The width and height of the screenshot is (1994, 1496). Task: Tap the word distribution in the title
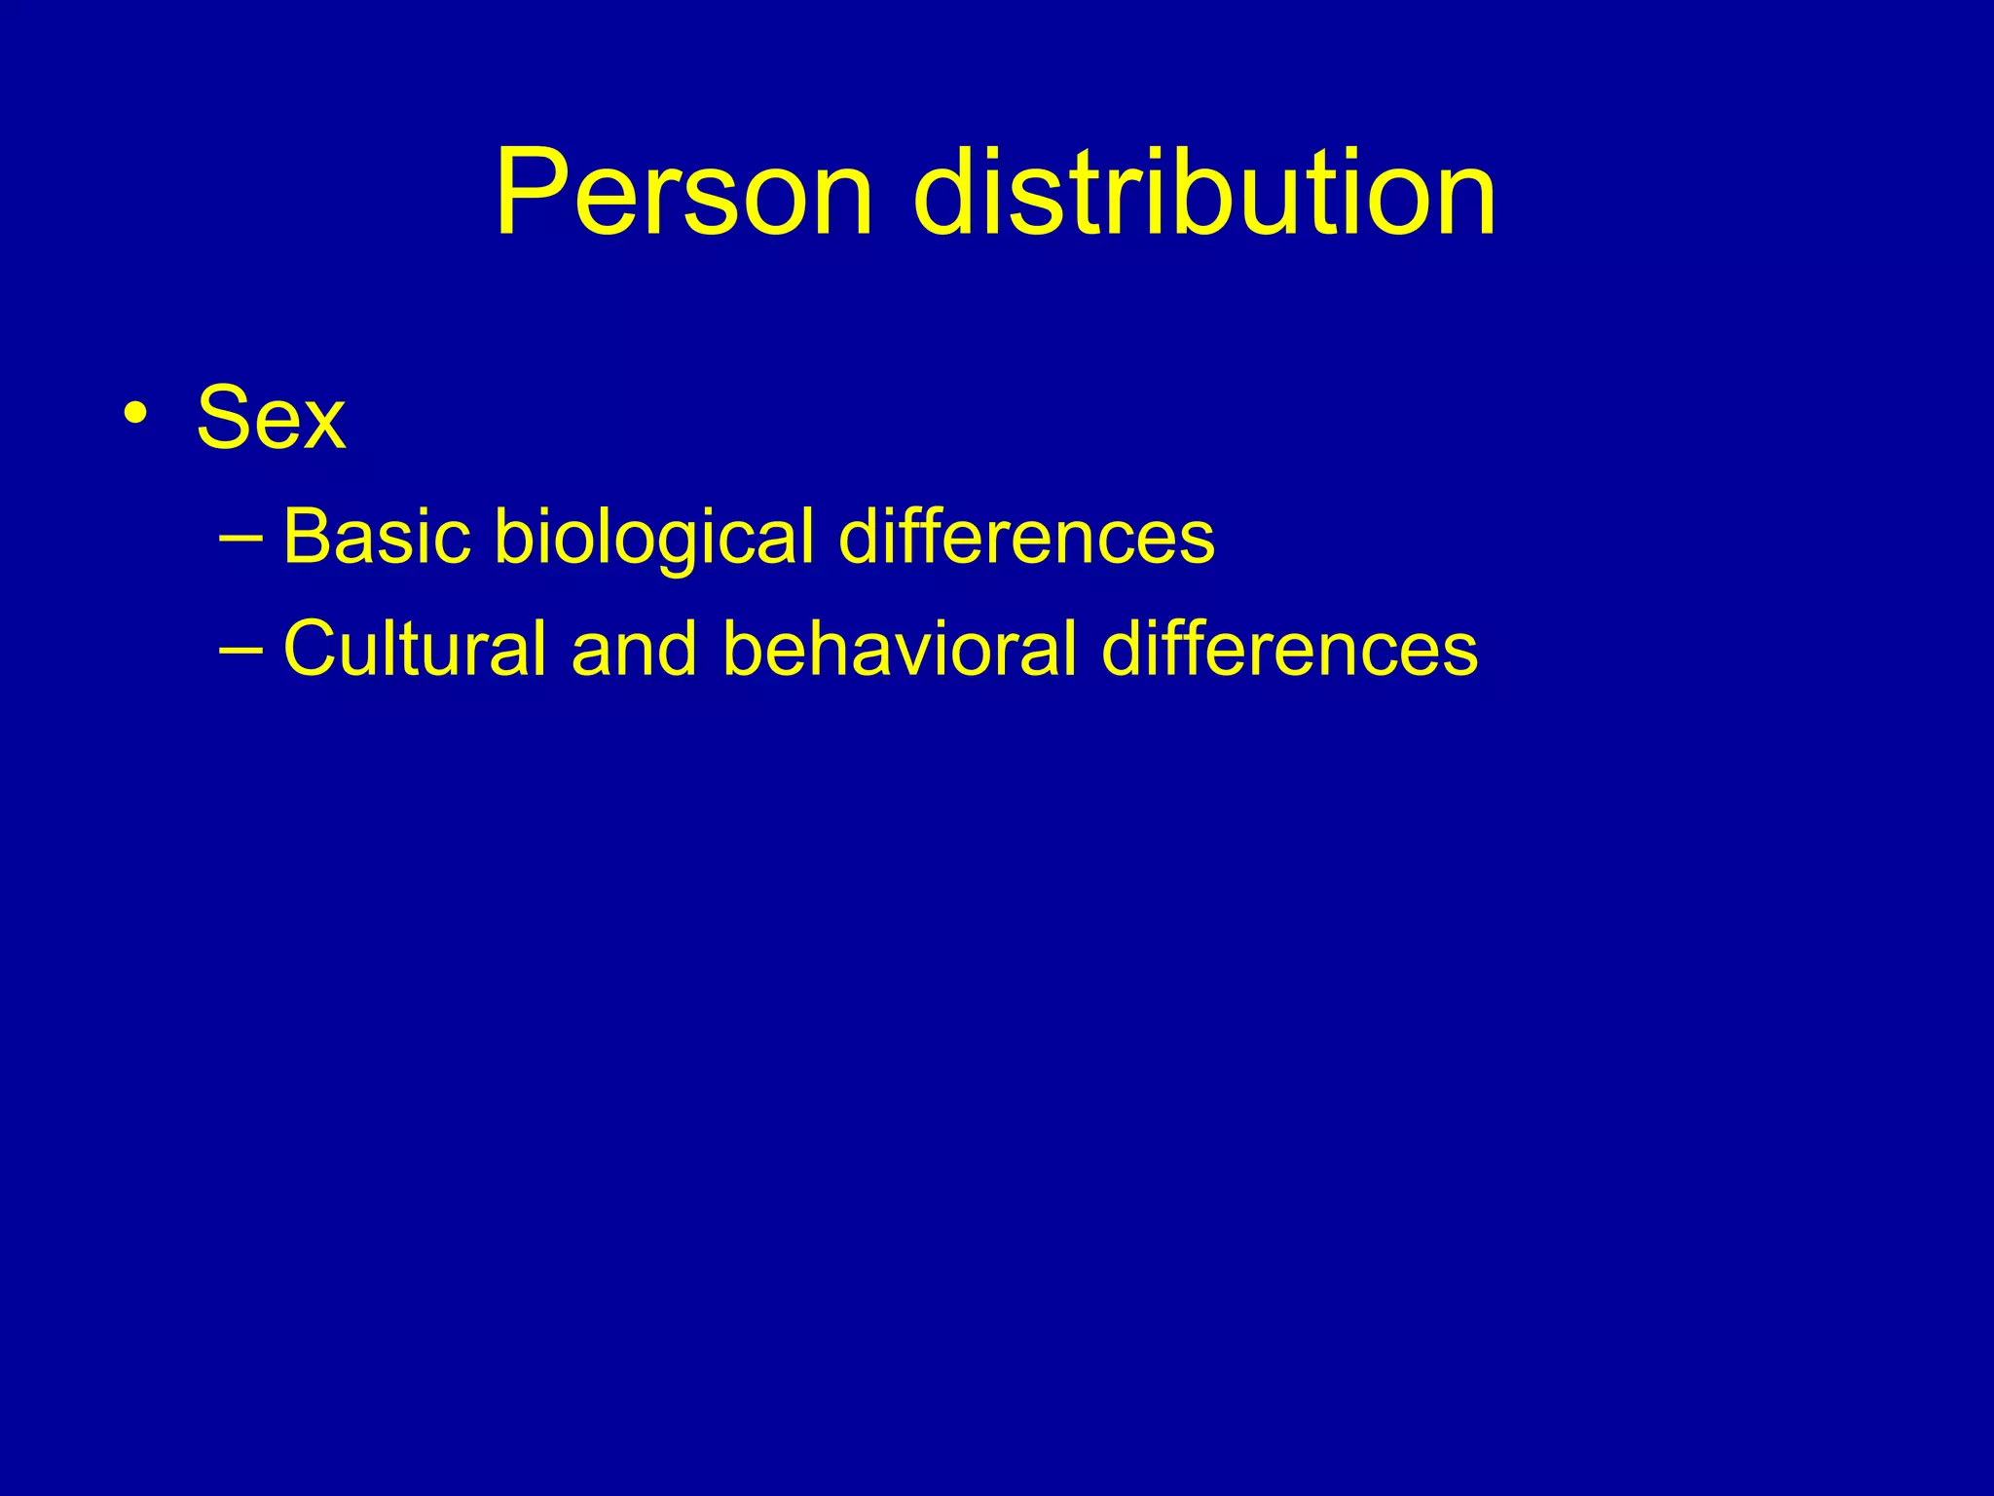pyautogui.click(x=1205, y=192)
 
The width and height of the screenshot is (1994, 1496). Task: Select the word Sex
pyautogui.click(x=271, y=418)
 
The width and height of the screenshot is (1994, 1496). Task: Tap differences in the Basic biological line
pyautogui.click(x=1026, y=537)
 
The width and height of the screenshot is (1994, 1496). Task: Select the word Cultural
pyautogui.click(x=415, y=649)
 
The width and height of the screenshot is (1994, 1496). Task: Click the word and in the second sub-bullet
pyautogui.click(x=634, y=649)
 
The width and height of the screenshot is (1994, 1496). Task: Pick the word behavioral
pyautogui.click(x=901, y=649)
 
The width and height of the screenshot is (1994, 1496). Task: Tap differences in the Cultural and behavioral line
pyautogui.click(x=1290, y=649)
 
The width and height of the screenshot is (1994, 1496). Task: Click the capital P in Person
pyautogui.click(x=531, y=192)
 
